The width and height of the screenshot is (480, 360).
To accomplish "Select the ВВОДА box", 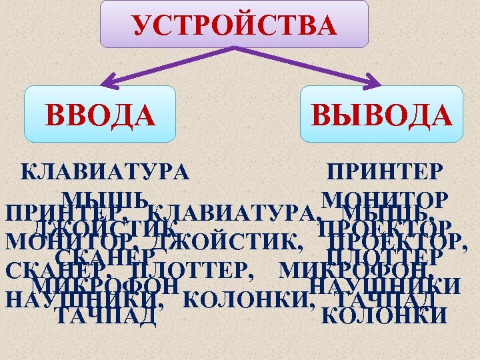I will [x=100, y=113].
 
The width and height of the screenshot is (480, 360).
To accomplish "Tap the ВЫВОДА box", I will [x=381, y=113].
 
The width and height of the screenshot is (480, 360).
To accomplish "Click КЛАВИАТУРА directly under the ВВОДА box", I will [x=105, y=171].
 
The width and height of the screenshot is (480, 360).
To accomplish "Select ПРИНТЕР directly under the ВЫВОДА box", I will [x=383, y=171].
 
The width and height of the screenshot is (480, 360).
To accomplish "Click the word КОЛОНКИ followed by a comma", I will [x=246, y=300].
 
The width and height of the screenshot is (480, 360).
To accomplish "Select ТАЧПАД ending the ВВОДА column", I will [x=107, y=315].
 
